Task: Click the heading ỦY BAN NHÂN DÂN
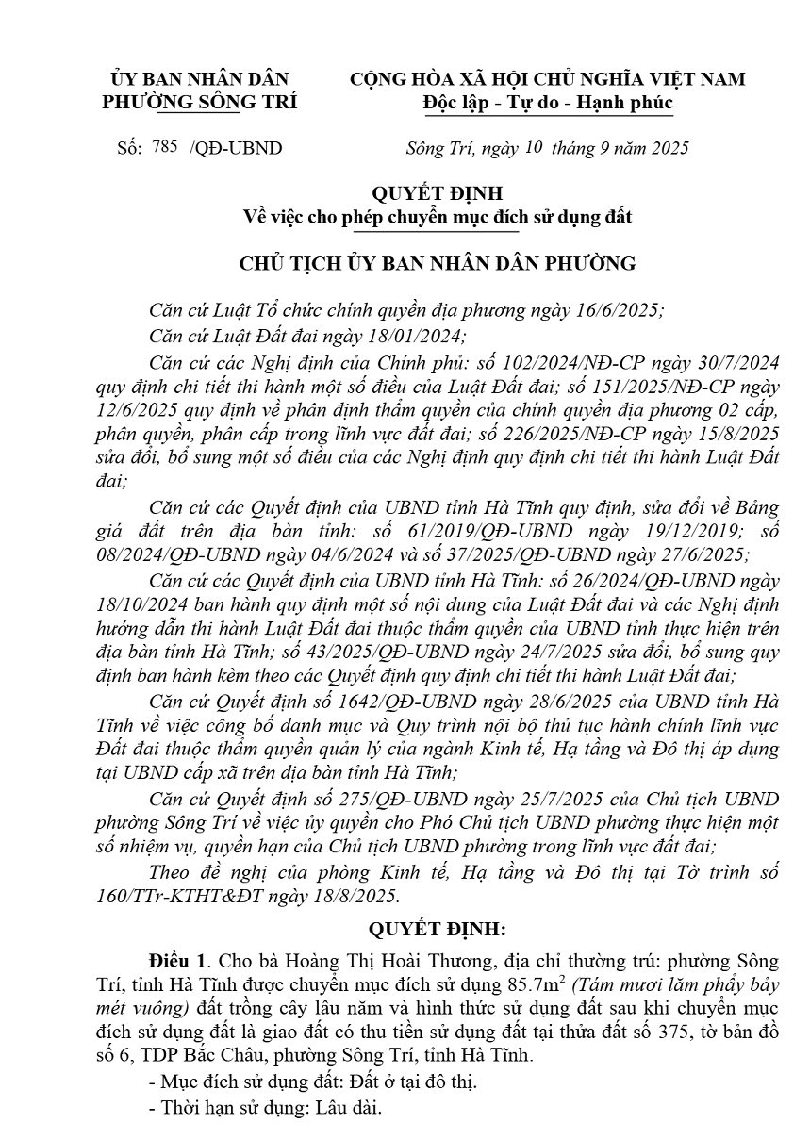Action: pyautogui.click(x=199, y=79)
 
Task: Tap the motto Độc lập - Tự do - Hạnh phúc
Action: pyautogui.click(x=547, y=102)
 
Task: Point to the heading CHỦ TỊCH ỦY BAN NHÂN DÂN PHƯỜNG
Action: pyautogui.click(x=438, y=263)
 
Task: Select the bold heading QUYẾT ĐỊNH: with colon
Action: pyautogui.click(x=437, y=929)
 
